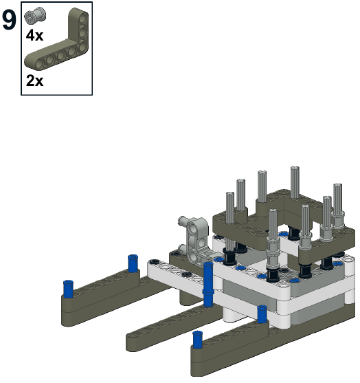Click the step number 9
pyautogui.click(x=9, y=21)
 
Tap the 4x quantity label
pyautogui.click(x=34, y=36)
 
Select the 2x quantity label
pyautogui.click(x=34, y=80)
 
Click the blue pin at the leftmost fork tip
pyautogui.click(x=68, y=289)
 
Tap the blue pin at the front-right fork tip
pyautogui.click(x=198, y=340)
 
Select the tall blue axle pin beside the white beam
pyautogui.click(x=208, y=285)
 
